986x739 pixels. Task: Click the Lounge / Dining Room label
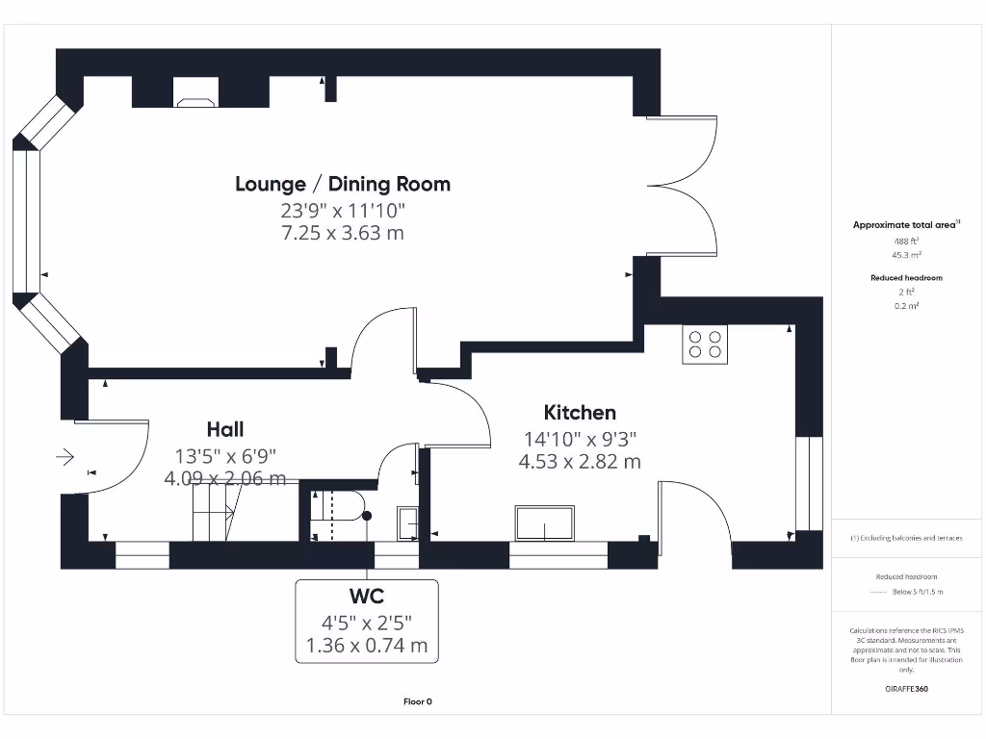[x=343, y=184]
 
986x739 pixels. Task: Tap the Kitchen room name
[x=580, y=413]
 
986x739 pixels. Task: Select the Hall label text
[x=224, y=429]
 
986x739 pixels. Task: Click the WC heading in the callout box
[x=366, y=597]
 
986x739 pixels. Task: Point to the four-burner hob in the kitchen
[x=705, y=344]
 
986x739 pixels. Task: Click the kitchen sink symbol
[x=545, y=522]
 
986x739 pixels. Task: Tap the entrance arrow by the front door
[x=66, y=457]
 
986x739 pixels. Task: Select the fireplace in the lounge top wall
[x=195, y=92]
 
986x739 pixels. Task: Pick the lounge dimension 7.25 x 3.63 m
[x=343, y=234]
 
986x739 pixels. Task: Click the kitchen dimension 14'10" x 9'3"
[x=580, y=439]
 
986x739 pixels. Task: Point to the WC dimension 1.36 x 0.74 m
[x=366, y=646]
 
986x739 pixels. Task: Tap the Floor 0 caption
[x=418, y=701]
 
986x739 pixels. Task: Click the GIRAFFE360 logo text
[x=906, y=689]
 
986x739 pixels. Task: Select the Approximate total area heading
[x=905, y=225]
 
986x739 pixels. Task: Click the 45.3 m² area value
[x=906, y=255]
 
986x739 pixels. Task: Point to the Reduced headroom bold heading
[x=906, y=278]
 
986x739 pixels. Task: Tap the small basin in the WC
[x=407, y=522]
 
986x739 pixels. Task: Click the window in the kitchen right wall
[x=809, y=483]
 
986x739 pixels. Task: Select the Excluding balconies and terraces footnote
[x=906, y=538]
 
